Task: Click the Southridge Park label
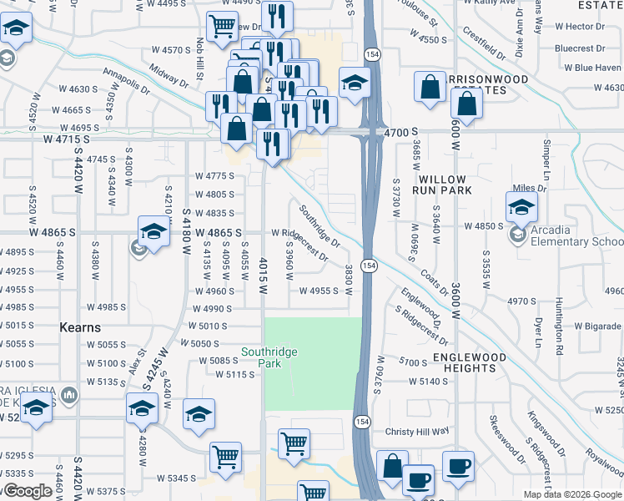[x=269, y=358]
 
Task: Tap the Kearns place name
[x=81, y=328]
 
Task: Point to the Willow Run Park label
[x=445, y=185]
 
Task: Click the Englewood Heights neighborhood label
[x=458, y=362]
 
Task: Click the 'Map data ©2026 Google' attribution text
[x=573, y=494]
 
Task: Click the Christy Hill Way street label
[x=417, y=431]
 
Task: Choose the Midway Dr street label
[x=169, y=78]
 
